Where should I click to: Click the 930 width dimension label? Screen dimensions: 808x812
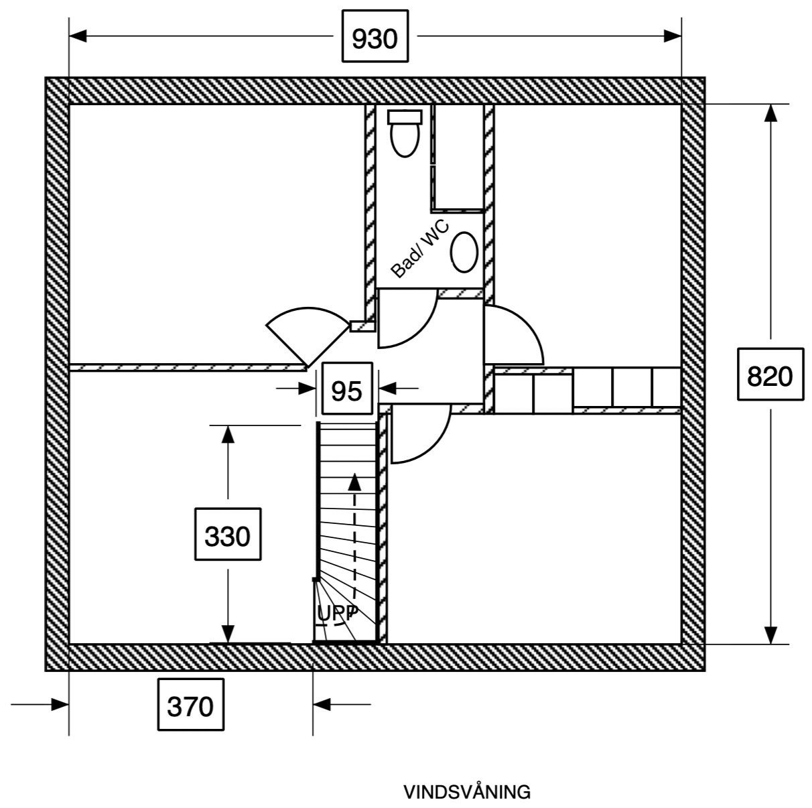tap(375, 38)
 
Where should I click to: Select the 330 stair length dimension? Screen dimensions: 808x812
tap(227, 535)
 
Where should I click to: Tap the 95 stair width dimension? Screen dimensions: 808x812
tap(346, 389)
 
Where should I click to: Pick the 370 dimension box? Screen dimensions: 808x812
tap(190, 705)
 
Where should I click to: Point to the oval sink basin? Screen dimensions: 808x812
tap(464, 252)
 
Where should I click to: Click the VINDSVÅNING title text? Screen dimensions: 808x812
tap(466, 792)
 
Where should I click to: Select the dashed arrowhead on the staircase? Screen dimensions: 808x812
tap(354, 480)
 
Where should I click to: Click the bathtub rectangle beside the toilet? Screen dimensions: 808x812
tap(458, 157)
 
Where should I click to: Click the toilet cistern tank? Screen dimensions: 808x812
tap(405, 117)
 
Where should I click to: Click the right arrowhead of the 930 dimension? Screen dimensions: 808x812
tap(672, 36)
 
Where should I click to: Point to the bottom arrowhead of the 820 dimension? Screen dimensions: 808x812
tap(770, 634)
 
